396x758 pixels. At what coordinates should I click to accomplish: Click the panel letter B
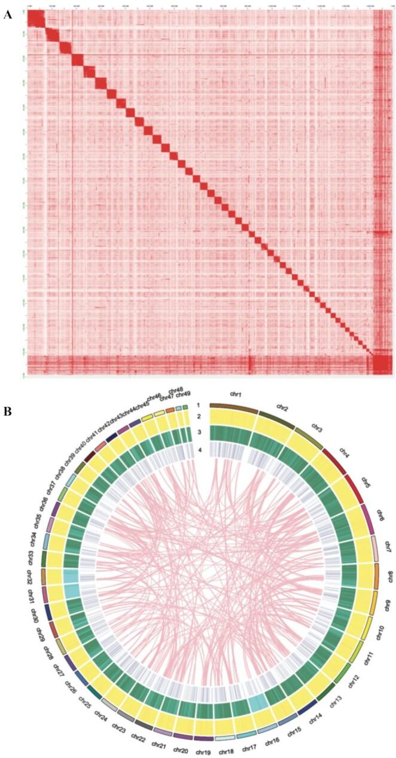click(7, 412)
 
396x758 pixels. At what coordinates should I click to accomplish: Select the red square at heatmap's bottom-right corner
click(381, 363)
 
